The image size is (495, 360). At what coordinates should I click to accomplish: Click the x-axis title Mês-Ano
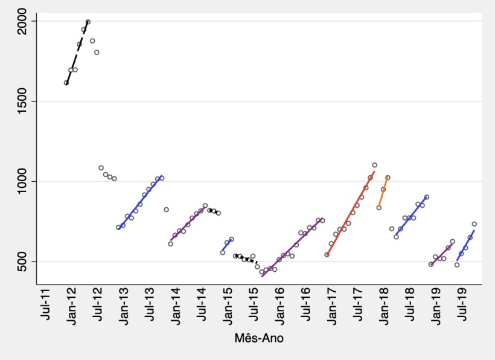[259, 339]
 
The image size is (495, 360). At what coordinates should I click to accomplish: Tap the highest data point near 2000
[88, 22]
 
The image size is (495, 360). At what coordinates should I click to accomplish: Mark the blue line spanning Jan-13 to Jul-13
[140, 202]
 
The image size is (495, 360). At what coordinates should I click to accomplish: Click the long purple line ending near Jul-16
[293, 248]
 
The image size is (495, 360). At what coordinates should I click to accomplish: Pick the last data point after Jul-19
[474, 224]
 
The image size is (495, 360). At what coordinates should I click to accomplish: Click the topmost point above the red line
[375, 165]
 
